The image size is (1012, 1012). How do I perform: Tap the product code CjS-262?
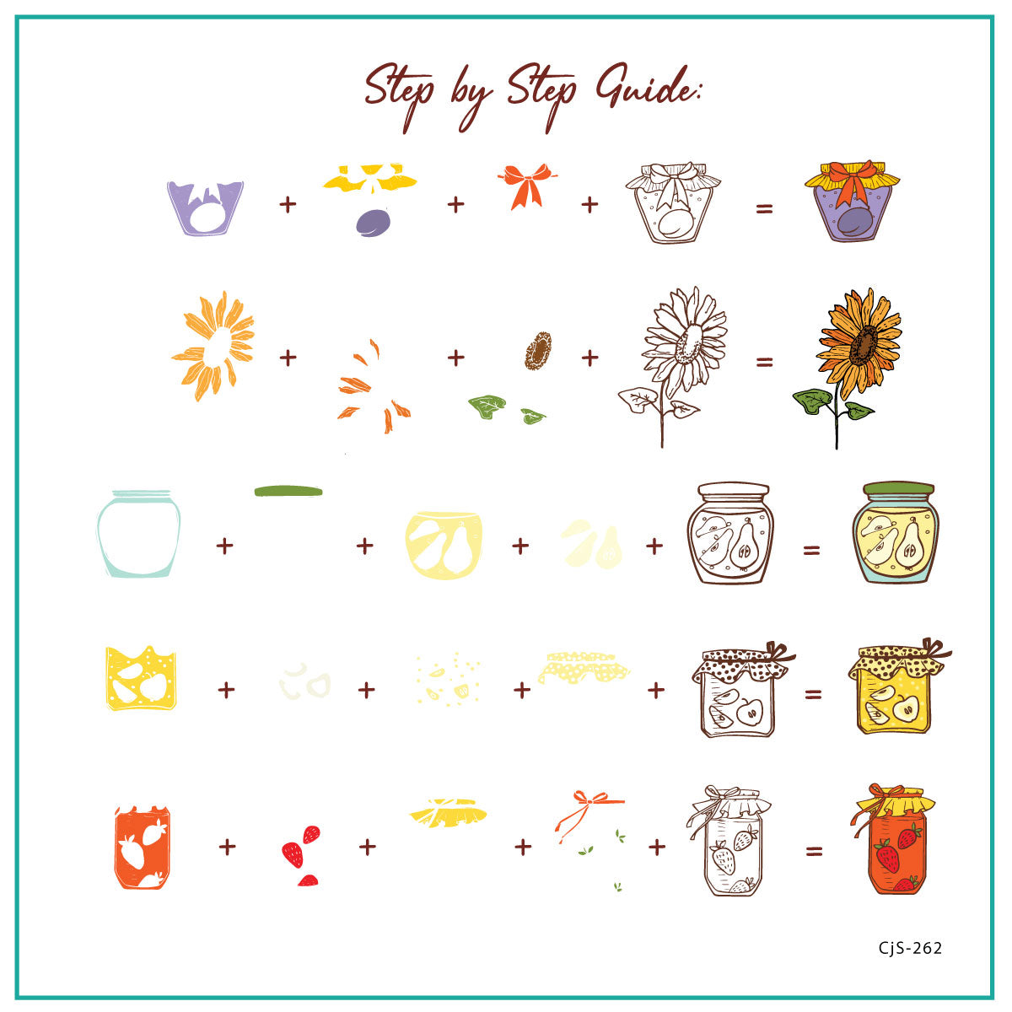910,948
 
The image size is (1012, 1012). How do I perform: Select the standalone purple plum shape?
372,222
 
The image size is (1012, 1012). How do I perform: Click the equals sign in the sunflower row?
764,363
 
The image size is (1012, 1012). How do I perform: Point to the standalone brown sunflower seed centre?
539,349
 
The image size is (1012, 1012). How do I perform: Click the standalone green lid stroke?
288,491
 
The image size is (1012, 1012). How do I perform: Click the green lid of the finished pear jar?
899,488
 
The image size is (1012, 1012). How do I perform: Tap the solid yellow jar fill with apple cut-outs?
141,678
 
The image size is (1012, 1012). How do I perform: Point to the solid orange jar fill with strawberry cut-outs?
142,848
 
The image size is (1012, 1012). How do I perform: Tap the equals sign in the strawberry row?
813,852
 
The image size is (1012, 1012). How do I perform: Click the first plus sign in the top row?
288,204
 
